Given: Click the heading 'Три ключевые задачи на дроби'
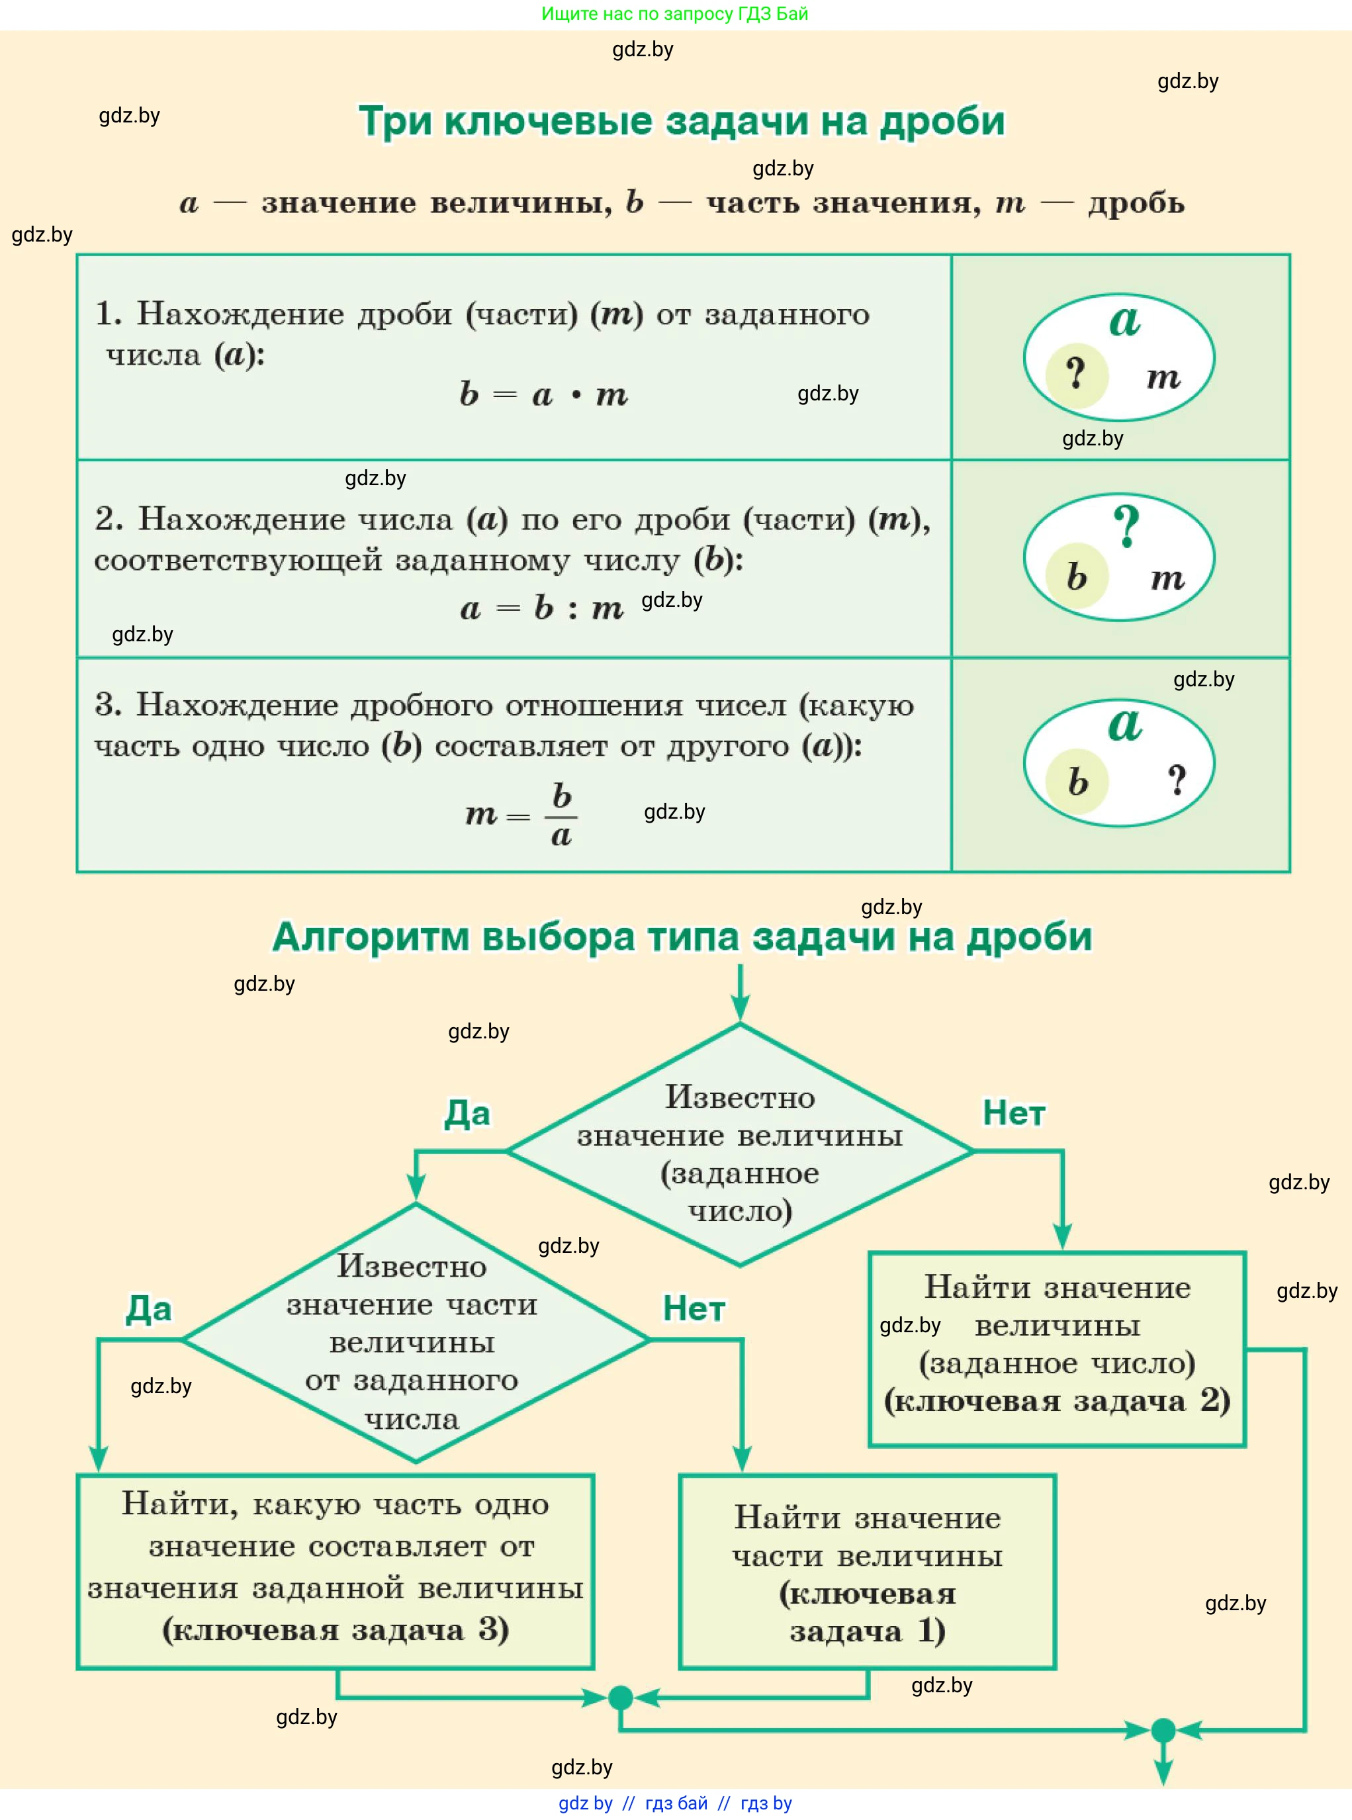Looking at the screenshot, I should click(681, 122).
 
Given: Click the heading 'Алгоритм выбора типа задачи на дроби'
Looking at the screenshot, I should click(682, 937).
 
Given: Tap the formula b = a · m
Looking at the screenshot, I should click(543, 394).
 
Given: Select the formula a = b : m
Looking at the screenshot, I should click(542, 608).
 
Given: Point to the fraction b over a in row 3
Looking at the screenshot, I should click(561, 815).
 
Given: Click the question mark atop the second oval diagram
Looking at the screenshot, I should click(1126, 525).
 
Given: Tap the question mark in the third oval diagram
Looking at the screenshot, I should click(1177, 780).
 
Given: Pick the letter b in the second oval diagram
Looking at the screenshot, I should click(1076, 577).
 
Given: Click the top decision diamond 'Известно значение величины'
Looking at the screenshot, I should click(740, 1152).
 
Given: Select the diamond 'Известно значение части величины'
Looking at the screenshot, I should click(414, 1340).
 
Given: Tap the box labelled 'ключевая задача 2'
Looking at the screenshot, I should click(1057, 1349).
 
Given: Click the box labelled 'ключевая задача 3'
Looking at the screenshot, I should click(336, 1572).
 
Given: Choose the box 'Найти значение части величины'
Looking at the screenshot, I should click(868, 1572).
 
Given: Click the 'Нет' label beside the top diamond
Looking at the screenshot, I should click(1014, 1113).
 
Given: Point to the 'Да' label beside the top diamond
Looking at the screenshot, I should click(467, 1113).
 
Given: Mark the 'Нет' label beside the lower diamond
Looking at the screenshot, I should click(693, 1308).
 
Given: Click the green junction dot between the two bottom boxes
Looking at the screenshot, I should click(621, 1698).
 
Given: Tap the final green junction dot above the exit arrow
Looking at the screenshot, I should click(1163, 1731).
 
